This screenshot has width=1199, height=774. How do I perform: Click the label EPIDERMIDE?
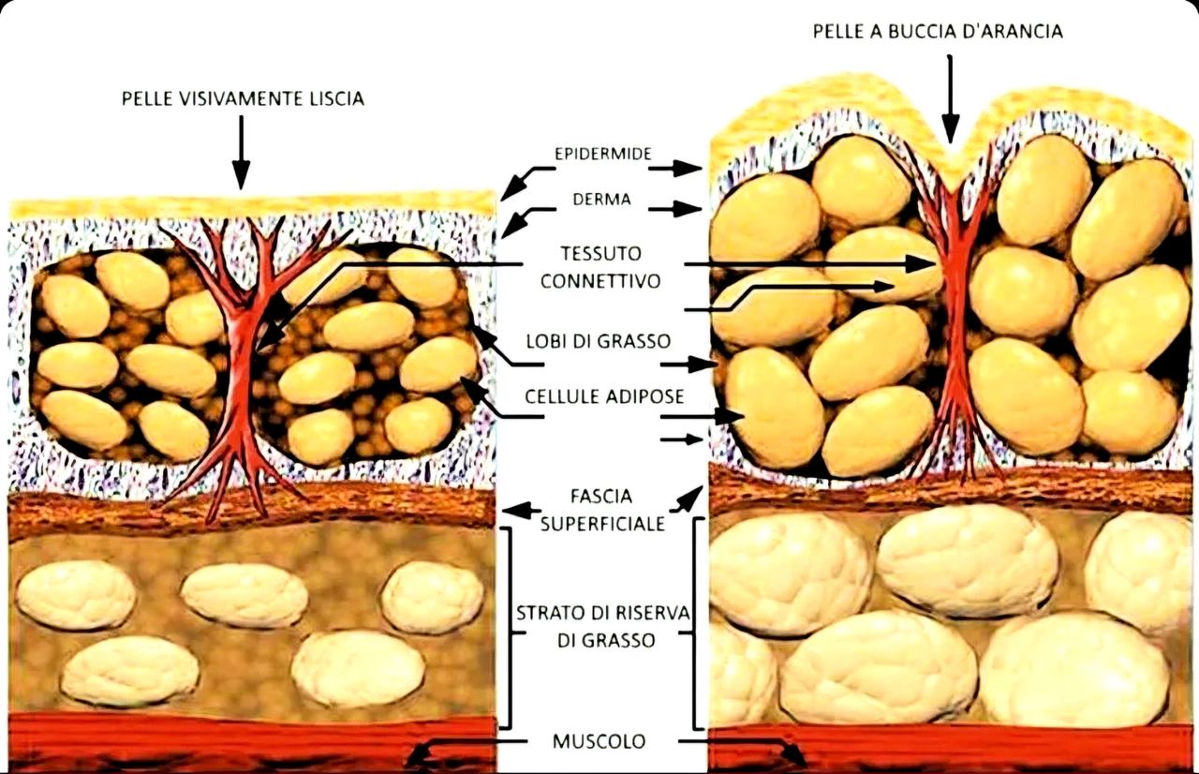601,154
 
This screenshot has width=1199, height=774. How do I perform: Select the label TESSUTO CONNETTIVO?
599,267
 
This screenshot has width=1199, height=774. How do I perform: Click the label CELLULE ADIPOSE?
603,396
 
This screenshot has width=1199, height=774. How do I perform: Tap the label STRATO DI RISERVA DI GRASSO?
602,627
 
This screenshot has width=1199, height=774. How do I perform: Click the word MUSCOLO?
599,741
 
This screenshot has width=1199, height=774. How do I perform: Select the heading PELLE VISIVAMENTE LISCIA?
242,98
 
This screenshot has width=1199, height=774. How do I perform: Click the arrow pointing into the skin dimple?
951,98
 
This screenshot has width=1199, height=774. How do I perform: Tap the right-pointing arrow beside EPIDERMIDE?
674,168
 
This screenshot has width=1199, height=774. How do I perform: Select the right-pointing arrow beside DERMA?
674,208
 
